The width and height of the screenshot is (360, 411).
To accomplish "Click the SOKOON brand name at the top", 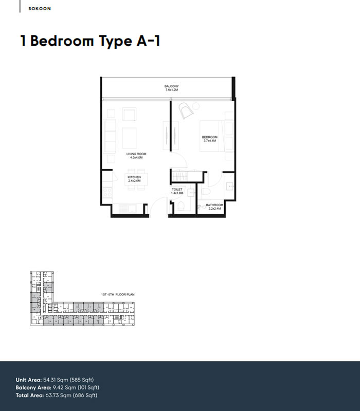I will (40, 9).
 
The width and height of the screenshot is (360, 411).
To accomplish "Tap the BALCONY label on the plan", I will (171, 86).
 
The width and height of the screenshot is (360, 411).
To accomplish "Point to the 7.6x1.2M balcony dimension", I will (171, 90).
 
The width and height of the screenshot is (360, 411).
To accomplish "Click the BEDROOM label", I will (210, 137).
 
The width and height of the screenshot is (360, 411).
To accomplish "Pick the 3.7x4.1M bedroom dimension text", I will (210, 141).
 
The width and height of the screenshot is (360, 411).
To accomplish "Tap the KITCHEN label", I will (134, 177).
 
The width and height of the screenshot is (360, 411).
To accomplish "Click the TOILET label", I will (177, 190).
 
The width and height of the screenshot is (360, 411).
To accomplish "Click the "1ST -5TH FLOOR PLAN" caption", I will (117, 294).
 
